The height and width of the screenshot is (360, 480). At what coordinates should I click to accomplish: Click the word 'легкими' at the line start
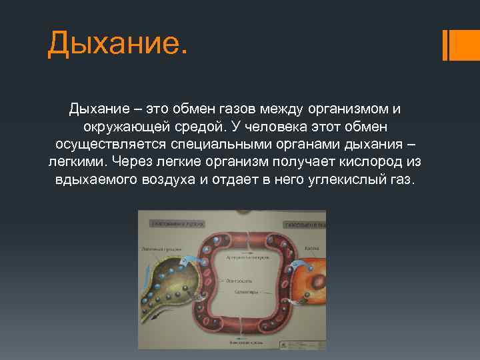77,162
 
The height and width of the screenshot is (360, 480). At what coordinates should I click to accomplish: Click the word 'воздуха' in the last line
169,180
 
